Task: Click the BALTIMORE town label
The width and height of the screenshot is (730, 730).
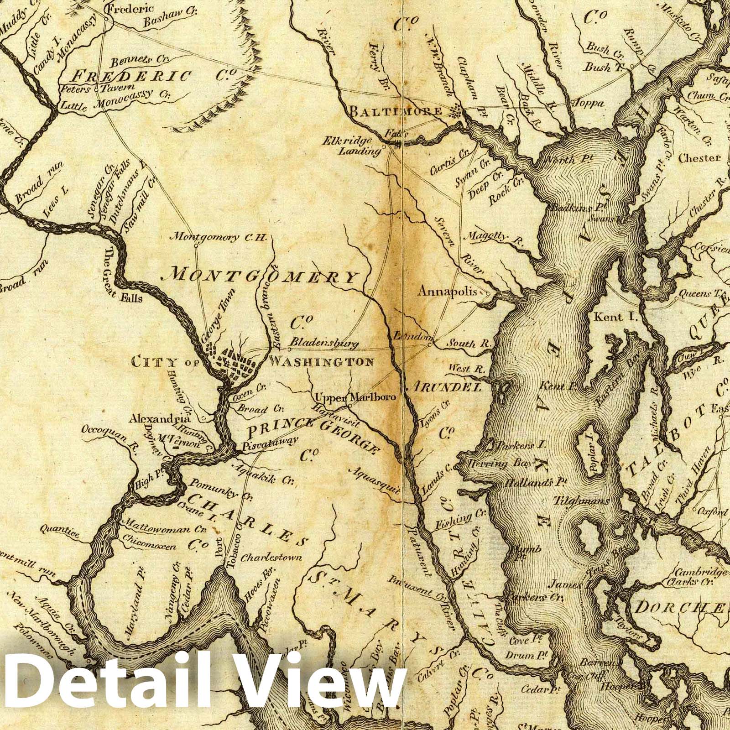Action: [x=396, y=111]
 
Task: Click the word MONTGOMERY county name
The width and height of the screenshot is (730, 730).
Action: [x=263, y=276]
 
